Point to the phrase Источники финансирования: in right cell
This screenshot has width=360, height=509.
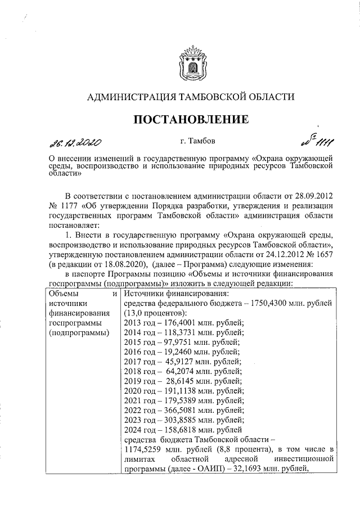pos(175,294)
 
